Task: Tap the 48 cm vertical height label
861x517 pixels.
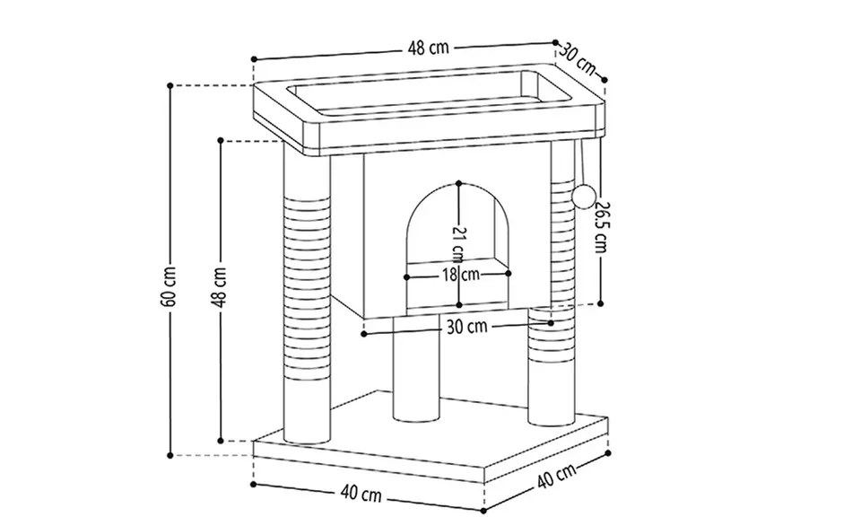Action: click(x=220, y=286)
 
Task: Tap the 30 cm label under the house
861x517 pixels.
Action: click(x=465, y=327)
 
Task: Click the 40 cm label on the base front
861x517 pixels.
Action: click(x=361, y=494)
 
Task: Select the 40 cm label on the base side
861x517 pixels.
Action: click(x=557, y=478)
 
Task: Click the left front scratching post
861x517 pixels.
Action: click(x=308, y=296)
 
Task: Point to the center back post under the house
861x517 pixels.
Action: click(x=415, y=368)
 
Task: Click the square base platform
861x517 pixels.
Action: click(x=430, y=449)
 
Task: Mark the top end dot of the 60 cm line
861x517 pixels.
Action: click(x=170, y=85)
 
